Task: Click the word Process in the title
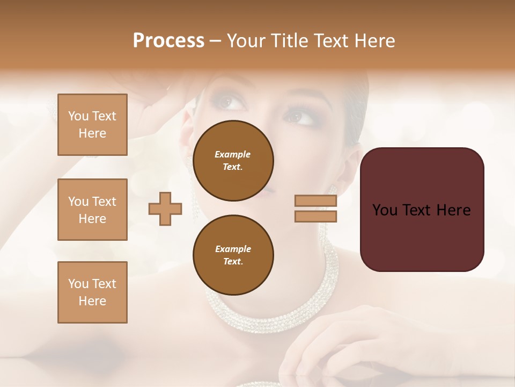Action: point(168,41)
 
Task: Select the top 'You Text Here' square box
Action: point(92,125)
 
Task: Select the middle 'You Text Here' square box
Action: point(92,210)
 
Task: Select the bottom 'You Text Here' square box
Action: point(92,292)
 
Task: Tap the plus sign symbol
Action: point(165,209)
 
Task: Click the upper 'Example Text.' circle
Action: point(233,161)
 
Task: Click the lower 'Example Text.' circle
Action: point(233,255)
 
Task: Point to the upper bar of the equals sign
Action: point(315,200)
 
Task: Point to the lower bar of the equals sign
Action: point(315,216)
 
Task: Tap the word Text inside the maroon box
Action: point(421,210)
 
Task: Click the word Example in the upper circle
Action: point(233,154)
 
